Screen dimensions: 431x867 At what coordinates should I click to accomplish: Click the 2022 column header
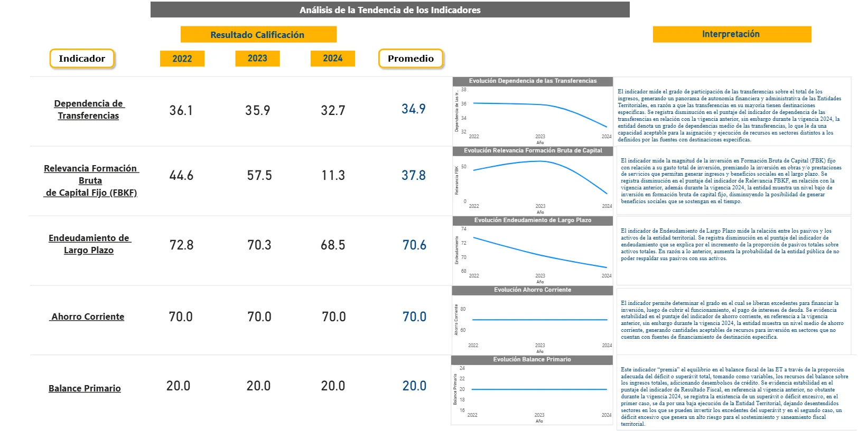(182, 59)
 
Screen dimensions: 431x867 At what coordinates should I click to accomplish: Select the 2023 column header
(257, 59)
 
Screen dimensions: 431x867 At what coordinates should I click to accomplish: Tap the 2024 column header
(333, 59)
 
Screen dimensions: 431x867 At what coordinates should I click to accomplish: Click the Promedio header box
(411, 59)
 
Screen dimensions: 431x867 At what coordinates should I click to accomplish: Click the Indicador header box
(82, 59)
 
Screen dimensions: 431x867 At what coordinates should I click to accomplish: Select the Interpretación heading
(731, 34)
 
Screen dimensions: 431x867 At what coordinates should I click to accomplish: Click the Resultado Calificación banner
(258, 35)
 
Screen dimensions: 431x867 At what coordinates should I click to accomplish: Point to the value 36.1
(181, 111)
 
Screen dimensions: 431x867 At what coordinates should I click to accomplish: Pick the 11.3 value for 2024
(333, 176)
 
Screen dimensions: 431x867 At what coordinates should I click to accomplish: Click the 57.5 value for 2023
(259, 176)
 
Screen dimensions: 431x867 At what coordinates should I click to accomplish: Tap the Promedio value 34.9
(414, 109)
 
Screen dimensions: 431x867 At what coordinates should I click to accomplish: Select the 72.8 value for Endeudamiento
(182, 245)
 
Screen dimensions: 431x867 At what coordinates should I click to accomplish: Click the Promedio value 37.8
(414, 176)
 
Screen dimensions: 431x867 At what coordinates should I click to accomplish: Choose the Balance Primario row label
(85, 388)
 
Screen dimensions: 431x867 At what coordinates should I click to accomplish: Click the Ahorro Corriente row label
(88, 317)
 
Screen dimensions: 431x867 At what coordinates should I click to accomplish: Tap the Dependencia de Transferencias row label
(89, 110)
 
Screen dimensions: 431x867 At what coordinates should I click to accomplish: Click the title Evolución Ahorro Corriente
(533, 290)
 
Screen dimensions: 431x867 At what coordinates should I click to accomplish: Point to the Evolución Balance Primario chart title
(532, 360)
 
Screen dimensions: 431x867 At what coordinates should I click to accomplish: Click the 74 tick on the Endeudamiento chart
(464, 229)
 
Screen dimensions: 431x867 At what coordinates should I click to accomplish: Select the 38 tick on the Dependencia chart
(464, 90)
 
